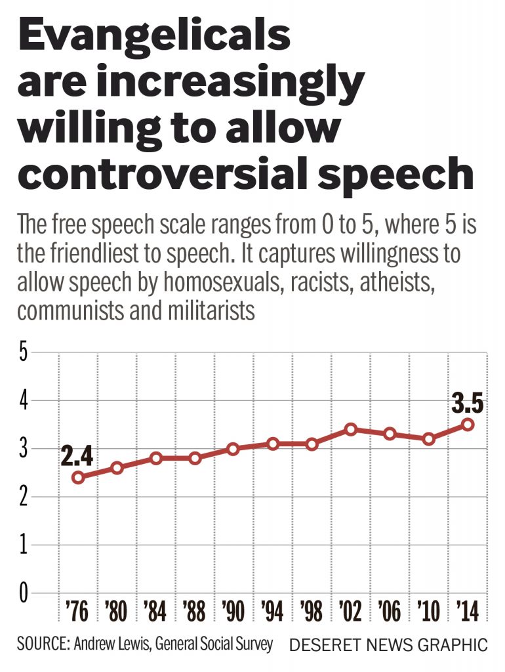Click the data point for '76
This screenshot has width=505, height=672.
(x=79, y=477)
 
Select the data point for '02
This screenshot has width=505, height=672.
(x=351, y=429)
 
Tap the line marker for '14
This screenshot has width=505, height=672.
(x=468, y=425)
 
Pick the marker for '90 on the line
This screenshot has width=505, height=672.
(x=233, y=449)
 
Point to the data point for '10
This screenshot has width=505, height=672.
(x=429, y=439)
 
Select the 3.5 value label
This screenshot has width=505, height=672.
(x=468, y=402)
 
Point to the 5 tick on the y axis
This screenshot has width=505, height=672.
(x=24, y=352)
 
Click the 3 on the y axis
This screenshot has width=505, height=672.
(x=24, y=450)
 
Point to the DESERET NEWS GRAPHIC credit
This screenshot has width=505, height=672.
(x=388, y=644)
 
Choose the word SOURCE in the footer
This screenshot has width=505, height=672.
(x=41, y=644)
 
